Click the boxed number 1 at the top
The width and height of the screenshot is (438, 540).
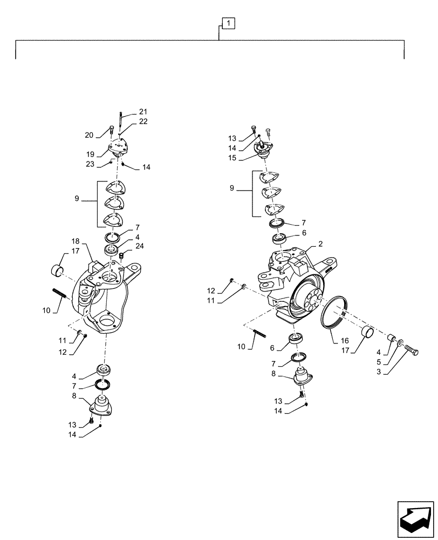229,23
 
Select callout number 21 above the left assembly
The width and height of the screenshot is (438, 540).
142,111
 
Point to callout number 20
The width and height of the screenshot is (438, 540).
90,135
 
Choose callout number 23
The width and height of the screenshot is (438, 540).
90,164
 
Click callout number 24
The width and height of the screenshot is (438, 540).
140,246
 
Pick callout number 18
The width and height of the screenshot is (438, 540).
75,241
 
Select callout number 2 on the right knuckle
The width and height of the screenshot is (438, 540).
320,244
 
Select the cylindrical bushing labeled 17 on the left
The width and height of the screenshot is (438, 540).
57,269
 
